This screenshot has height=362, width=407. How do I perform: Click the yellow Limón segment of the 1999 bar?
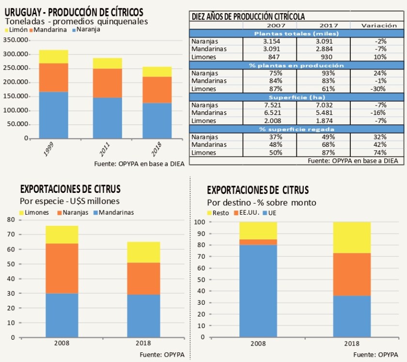53,56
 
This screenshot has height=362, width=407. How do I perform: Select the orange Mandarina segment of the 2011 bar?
108,83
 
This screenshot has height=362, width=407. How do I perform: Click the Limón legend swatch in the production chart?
7,30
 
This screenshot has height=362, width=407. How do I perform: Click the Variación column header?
380,25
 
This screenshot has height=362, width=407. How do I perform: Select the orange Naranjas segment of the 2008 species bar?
62,268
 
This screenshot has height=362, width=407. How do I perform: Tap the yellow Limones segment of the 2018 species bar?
143,252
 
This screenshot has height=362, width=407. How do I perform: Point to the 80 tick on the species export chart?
11,220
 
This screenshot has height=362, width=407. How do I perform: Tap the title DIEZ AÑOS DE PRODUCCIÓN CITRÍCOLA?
249,16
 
